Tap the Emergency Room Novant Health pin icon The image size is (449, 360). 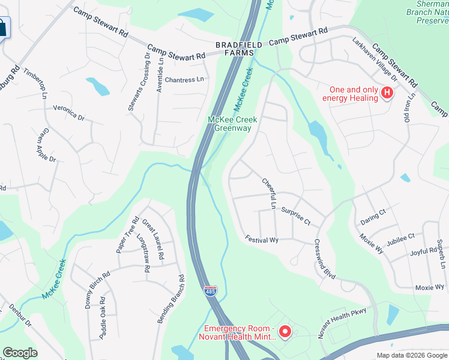pos(286,331)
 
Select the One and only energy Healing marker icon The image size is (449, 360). pos(387,93)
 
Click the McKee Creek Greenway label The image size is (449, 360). pos(232,124)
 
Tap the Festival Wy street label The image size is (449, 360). pos(262,239)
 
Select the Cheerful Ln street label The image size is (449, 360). pos(268,193)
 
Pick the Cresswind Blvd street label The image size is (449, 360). pos(324,259)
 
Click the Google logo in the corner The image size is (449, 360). pos(20,353)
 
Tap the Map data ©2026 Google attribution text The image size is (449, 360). pos(412,355)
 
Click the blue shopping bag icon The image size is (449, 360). pos(4,27)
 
